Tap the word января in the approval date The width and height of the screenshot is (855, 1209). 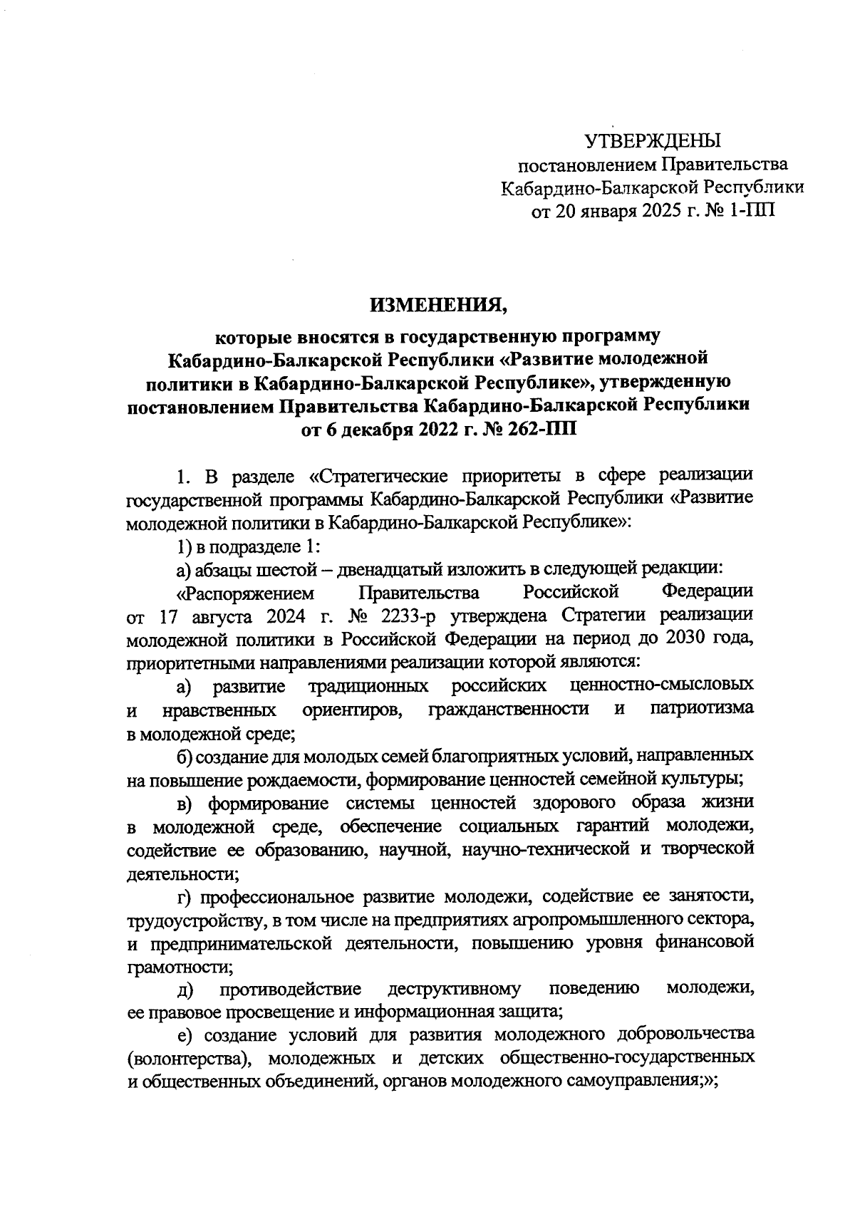click(x=614, y=211)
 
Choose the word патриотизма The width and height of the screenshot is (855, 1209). click(x=702, y=710)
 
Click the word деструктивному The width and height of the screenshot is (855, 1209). click(x=454, y=989)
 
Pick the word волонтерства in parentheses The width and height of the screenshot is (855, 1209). click(x=190, y=1058)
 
